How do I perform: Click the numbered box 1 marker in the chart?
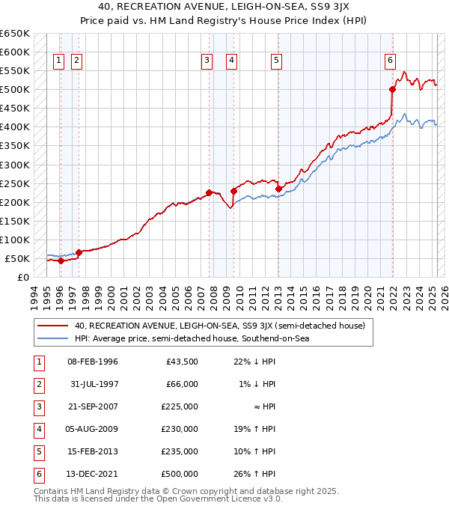[x=58, y=61]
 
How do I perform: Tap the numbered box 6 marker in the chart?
[x=391, y=61]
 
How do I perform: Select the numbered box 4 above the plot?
[x=232, y=61]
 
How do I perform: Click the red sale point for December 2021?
[x=392, y=89]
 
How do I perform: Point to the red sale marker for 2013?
[x=278, y=189]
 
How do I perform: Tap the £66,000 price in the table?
[x=182, y=384]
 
